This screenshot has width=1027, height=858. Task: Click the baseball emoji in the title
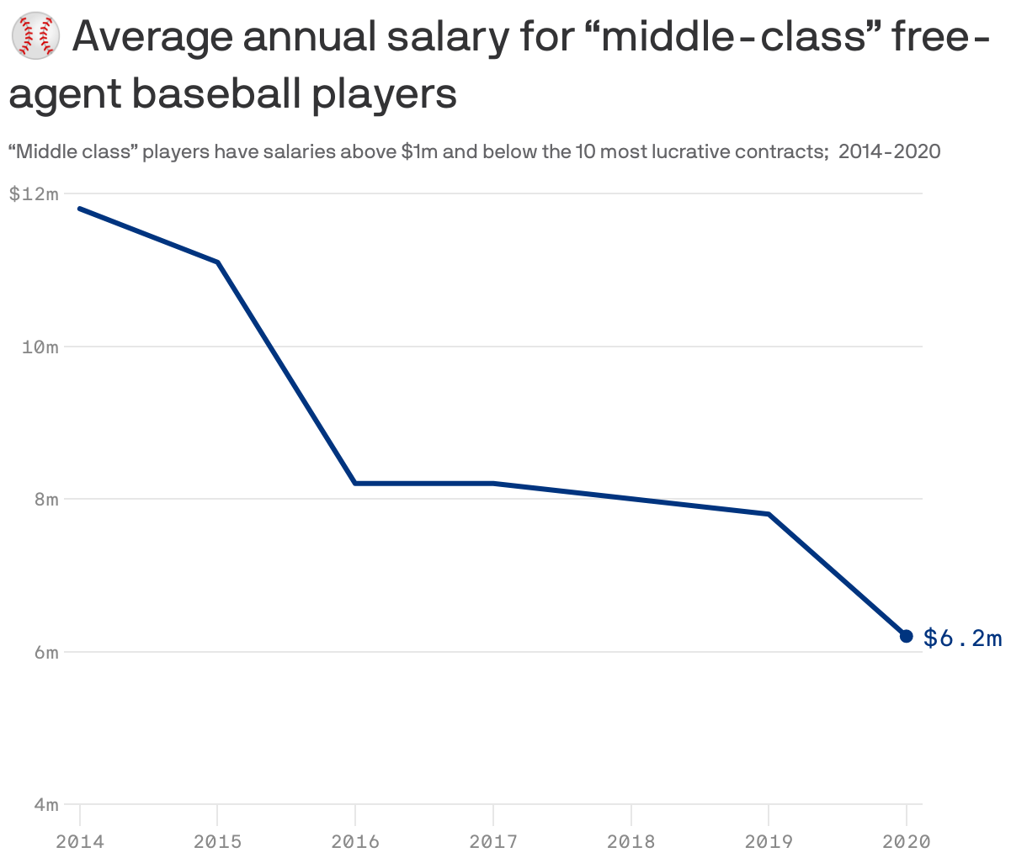pos(35,37)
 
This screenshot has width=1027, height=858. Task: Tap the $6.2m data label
pos(962,638)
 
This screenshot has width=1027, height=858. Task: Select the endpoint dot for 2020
pos(906,636)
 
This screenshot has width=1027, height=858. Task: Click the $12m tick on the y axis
pos(34,193)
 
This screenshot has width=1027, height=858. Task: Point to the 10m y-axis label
pos(40,347)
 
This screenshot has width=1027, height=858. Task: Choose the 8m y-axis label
pos(45,500)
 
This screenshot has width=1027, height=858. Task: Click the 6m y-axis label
pos(45,653)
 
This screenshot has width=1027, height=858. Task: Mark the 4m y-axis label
pos(45,805)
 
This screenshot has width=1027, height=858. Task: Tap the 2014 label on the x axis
pos(80,841)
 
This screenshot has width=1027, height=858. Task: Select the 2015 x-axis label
pos(217,841)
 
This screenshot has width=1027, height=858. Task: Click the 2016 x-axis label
pos(355,841)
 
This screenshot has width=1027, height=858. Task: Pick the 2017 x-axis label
pos(493,841)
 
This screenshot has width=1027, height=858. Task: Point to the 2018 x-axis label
pos(631,841)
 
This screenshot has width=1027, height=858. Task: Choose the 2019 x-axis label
pos(769,841)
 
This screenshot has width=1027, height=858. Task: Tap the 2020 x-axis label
pos(906,841)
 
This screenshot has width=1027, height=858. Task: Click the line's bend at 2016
pos(355,483)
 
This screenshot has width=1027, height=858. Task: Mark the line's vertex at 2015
pos(218,262)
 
